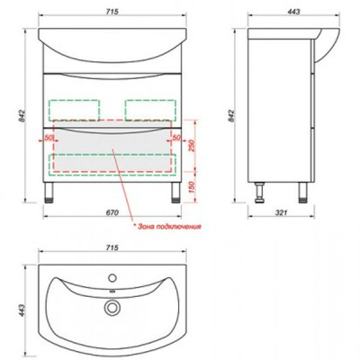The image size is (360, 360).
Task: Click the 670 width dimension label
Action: (x=112, y=213)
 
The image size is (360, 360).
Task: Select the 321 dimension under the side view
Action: (x=282, y=213)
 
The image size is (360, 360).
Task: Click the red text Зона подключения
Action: (x=169, y=227)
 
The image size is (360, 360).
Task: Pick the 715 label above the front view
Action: (x=112, y=12)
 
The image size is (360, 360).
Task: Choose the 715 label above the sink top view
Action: (x=112, y=247)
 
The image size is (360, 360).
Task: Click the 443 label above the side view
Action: (x=293, y=12)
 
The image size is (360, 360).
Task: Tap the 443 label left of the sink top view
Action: (x=22, y=310)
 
